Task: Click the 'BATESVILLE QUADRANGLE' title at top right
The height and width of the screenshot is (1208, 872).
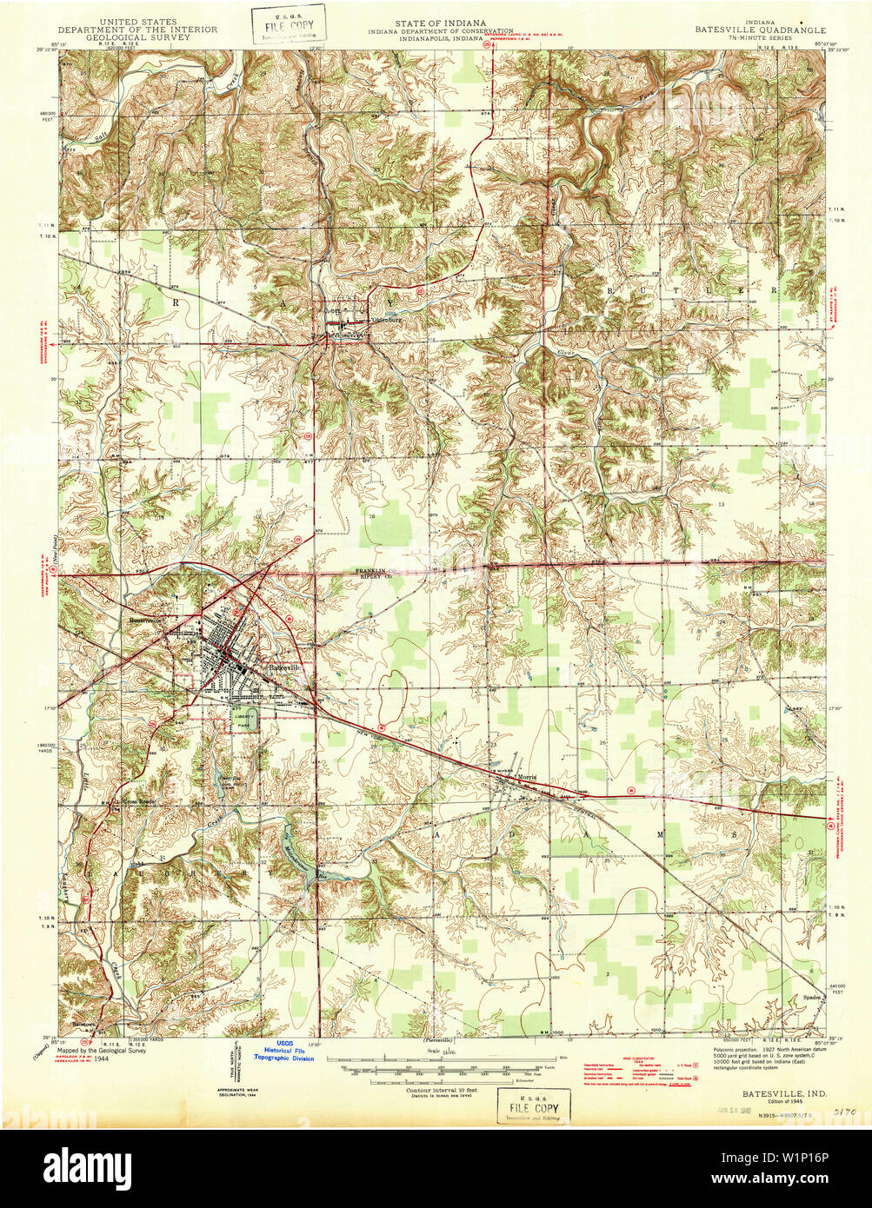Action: coord(759,29)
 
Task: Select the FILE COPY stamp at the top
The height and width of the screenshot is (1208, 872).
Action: coord(289,24)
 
